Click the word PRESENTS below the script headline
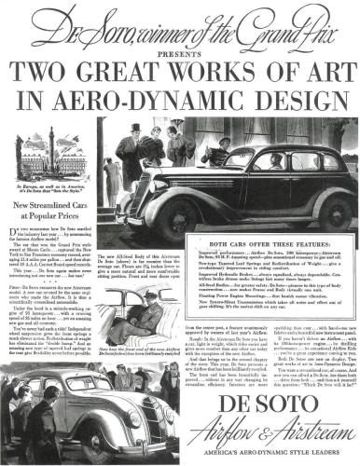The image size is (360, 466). pos(180,41)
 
